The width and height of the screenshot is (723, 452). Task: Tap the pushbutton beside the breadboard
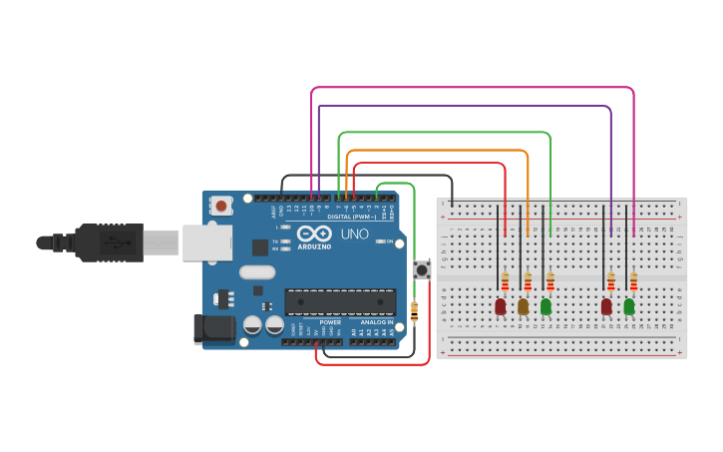pos(422,269)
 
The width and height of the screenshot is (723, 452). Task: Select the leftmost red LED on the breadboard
pos(501,306)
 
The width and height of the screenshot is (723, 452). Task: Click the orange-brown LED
pos(524,306)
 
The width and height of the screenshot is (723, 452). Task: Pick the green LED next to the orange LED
pos(545,306)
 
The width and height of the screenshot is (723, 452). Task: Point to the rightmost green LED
pos(629,306)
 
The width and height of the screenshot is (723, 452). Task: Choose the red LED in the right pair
pos(606,306)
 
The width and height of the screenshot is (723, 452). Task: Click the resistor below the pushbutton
pos(414,312)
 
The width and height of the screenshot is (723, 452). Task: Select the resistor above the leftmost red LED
pos(506,280)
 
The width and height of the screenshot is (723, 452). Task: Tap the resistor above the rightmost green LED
pos(633,280)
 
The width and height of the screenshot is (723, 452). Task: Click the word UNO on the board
pos(355,234)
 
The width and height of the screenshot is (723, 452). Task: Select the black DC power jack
pos(211,328)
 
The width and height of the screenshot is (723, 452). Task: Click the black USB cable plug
pos(110,242)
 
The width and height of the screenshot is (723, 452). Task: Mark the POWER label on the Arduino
pos(330,322)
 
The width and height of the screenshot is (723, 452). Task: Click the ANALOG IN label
pos(376,322)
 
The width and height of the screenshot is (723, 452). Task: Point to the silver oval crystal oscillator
pos(256,272)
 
